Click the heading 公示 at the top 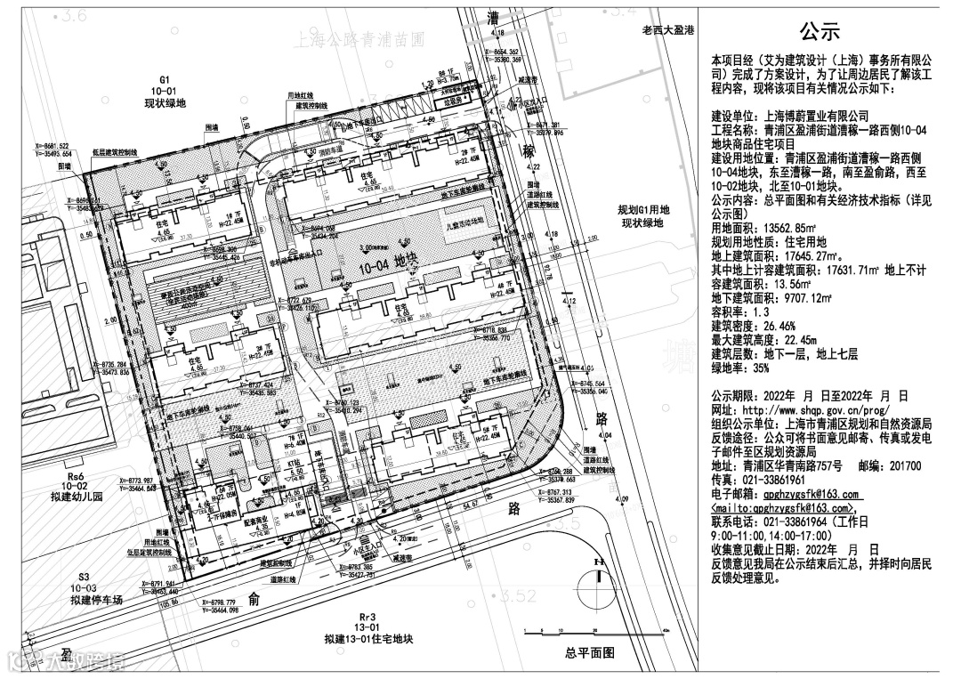pyautogui.click(x=819, y=33)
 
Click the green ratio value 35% pyautogui.click(x=759, y=367)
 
